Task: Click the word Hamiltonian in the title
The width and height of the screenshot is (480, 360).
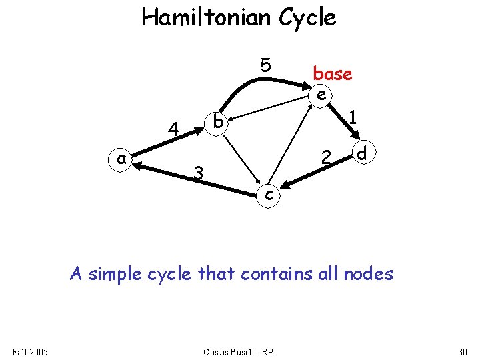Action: coord(207,17)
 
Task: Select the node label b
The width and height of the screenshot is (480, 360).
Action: coord(217,122)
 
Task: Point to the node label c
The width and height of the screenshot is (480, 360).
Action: coord(267,194)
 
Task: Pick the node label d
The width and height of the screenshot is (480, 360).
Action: coord(362,154)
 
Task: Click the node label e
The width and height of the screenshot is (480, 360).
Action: coord(321,95)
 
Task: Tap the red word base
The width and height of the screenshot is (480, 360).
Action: coord(332,73)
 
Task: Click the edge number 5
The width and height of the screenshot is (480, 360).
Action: coord(266,65)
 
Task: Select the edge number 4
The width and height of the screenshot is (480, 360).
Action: coord(173,129)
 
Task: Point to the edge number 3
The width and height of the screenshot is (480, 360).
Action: coord(197,173)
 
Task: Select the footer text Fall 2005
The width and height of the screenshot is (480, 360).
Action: coord(29,351)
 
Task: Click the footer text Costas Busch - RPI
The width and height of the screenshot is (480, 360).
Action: coord(240,351)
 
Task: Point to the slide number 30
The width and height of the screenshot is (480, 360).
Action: coord(463,351)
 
